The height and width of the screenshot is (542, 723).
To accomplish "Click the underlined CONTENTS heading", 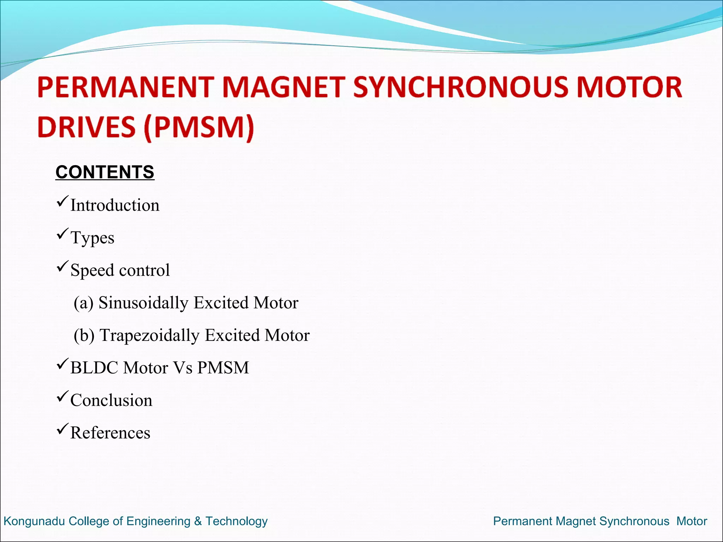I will (x=105, y=172).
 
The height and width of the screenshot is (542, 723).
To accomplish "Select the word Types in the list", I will (x=92, y=238).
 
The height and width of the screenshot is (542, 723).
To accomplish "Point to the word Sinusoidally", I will (x=143, y=303).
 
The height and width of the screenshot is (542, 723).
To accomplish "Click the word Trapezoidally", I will (x=149, y=335).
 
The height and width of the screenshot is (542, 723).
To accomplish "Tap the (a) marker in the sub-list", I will (x=83, y=303).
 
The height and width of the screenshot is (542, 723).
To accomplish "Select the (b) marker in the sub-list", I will (x=84, y=335).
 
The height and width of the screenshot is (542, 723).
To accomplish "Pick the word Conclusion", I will (x=111, y=400).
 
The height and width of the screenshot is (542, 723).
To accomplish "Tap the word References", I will (x=110, y=433).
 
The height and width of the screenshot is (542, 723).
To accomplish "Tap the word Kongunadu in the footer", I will (x=34, y=521).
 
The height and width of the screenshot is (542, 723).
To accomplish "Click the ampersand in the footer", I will (x=198, y=521).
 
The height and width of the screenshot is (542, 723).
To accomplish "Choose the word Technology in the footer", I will (x=237, y=521).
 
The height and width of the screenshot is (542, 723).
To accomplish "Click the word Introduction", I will (x=115, y=205).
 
